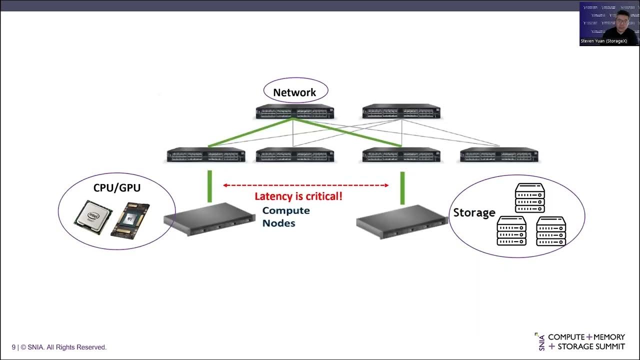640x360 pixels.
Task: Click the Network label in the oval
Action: tap(295, 92)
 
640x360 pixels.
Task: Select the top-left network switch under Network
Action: tap(294, 111)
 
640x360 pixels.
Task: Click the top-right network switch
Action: tap(401, 111)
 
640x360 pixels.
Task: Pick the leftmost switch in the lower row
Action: tap(206, 155)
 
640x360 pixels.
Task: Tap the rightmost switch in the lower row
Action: tap(499, 155)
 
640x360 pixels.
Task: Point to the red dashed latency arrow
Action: tap(305, 185)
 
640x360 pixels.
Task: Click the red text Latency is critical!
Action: tap(298, 196)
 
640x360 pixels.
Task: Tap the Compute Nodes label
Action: tap(286, 216)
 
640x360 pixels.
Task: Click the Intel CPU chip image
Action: tap(93, 217)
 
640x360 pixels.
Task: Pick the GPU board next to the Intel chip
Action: tap(130, 219)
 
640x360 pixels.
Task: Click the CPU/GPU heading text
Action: tap(117, 188)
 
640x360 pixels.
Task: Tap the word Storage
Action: tap(473, 212)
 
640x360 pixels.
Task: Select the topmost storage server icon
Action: tap(529, 198)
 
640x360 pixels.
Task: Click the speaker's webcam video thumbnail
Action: tap(609, 23)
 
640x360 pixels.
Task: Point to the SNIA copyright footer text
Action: tap(59, 347)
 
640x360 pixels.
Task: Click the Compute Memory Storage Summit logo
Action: tap(581, 342)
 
